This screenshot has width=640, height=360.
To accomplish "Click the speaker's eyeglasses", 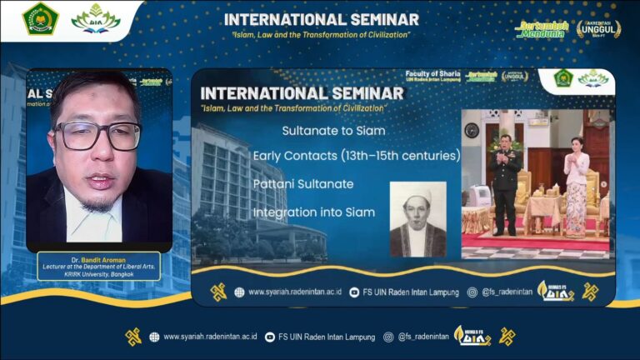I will pos(98,134).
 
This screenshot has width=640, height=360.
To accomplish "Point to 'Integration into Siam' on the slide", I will pos(314,212).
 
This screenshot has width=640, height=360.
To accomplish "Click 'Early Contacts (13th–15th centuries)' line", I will pos(357,155).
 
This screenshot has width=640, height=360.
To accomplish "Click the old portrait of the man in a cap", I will pos(417,218).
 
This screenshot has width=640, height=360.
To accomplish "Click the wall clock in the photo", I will pos(472,130).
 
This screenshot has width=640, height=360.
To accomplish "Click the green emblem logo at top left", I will pos(40,18).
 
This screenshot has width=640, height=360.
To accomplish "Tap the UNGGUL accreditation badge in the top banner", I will pos(598,28).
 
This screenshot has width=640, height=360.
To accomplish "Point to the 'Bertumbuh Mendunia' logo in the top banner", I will pos(542,28).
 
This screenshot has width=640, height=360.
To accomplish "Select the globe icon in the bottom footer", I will pos(154,337).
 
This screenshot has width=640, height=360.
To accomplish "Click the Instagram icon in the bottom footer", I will pos(388,337).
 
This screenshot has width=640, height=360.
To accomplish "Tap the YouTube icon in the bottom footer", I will pos(269,337).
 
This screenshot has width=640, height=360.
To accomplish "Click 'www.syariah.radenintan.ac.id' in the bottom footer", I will pos(209,337).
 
